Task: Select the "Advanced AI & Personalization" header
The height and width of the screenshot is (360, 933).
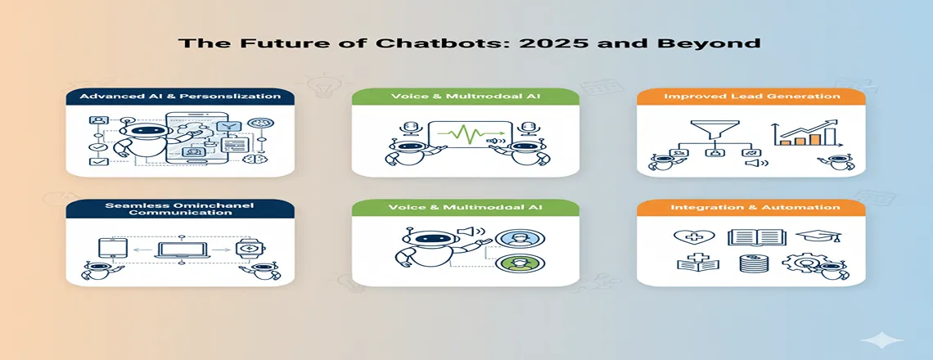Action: (180, 97)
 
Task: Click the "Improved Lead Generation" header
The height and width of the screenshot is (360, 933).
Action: (752, 97)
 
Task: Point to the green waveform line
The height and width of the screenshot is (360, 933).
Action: (466, 135)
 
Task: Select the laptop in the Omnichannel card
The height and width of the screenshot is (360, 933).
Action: (181, 249)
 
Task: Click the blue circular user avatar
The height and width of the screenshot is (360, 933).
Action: (513, 238)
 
